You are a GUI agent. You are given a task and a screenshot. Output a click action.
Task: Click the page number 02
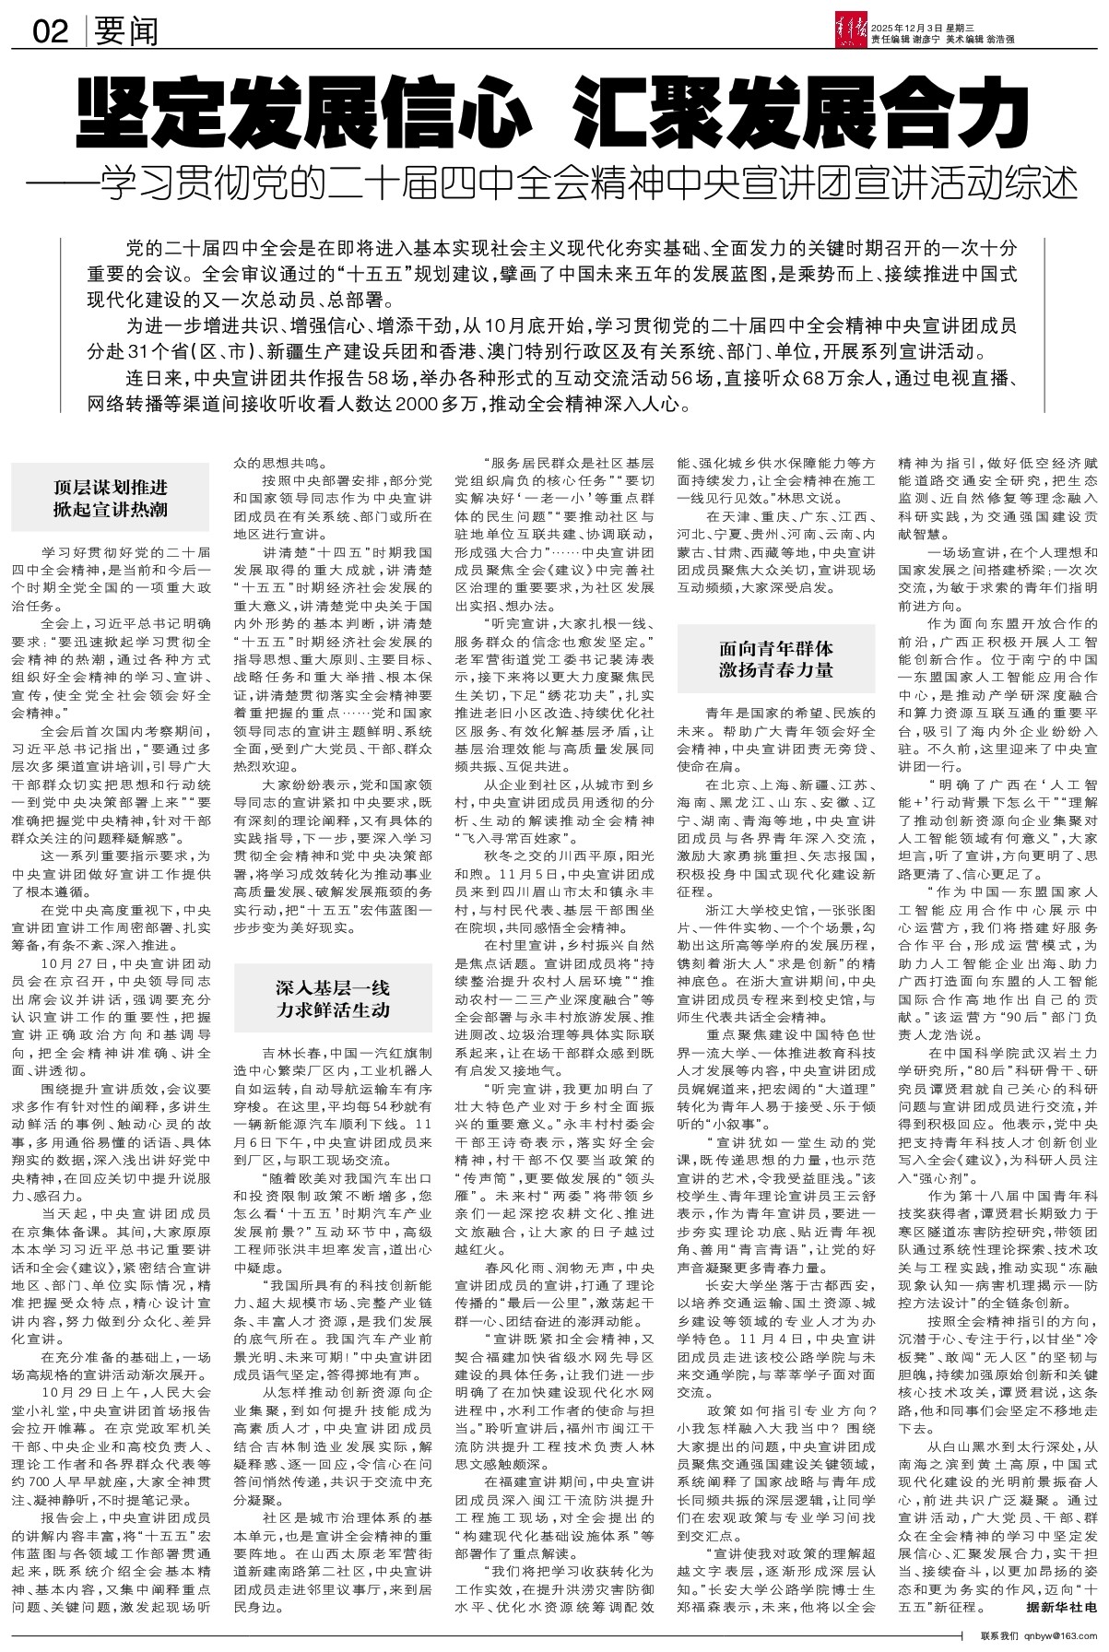point(51,33)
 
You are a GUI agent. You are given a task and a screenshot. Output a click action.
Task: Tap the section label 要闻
point(125,33)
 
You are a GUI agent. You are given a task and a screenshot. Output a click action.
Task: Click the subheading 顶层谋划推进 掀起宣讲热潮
point(110,498)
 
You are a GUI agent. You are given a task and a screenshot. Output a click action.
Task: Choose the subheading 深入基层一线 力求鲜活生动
point(333,999)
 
